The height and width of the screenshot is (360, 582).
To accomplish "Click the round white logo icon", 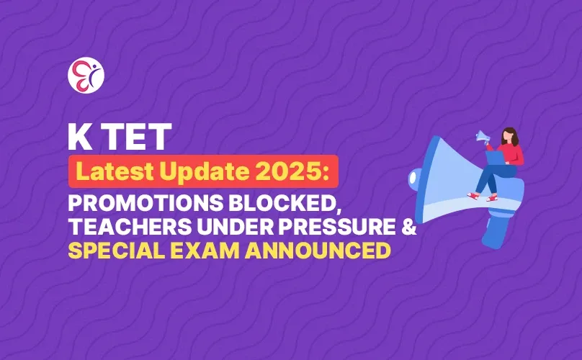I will [86, 74].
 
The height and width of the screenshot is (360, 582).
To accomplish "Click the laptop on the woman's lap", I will [495, 158].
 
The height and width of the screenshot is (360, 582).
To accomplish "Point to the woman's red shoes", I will [483, 195].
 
